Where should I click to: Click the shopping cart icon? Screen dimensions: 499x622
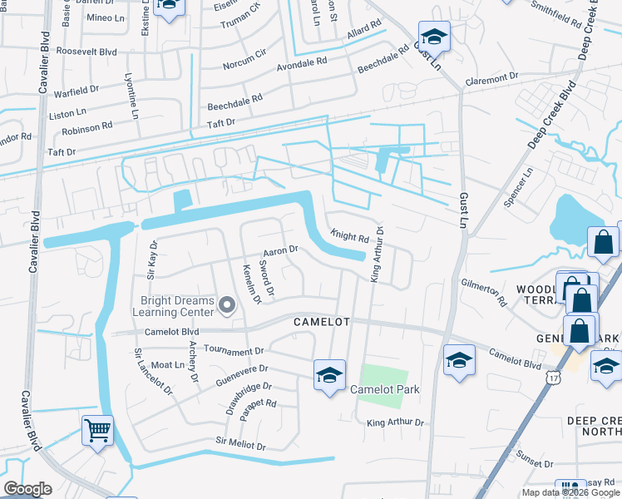98,431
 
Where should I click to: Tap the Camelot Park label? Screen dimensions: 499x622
383,389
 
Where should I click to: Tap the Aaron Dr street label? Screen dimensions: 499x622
280,250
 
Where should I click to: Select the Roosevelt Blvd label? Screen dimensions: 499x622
86,51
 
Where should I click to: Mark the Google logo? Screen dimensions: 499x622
28,489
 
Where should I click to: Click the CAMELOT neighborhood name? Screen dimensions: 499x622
320,321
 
